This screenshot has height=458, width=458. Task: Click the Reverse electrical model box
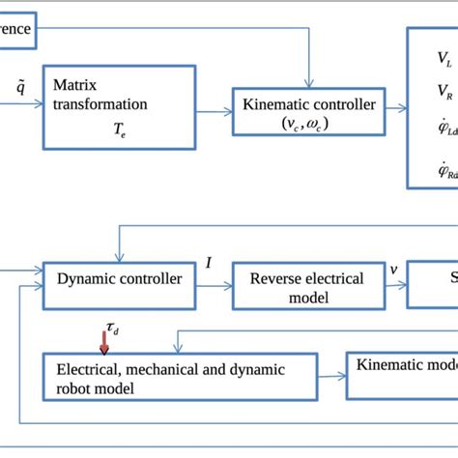pyautogui.click(x=307, y=287)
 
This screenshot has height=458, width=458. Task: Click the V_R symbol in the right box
pyautogui.click(x=443, y=93)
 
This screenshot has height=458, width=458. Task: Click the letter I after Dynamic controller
pyautogui.click(x=209, y=263)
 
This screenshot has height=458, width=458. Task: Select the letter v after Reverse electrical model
pyautogui.click(x=392, y=270)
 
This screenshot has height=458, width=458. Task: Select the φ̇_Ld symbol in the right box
pyautogui.click(x=444, y=130)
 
